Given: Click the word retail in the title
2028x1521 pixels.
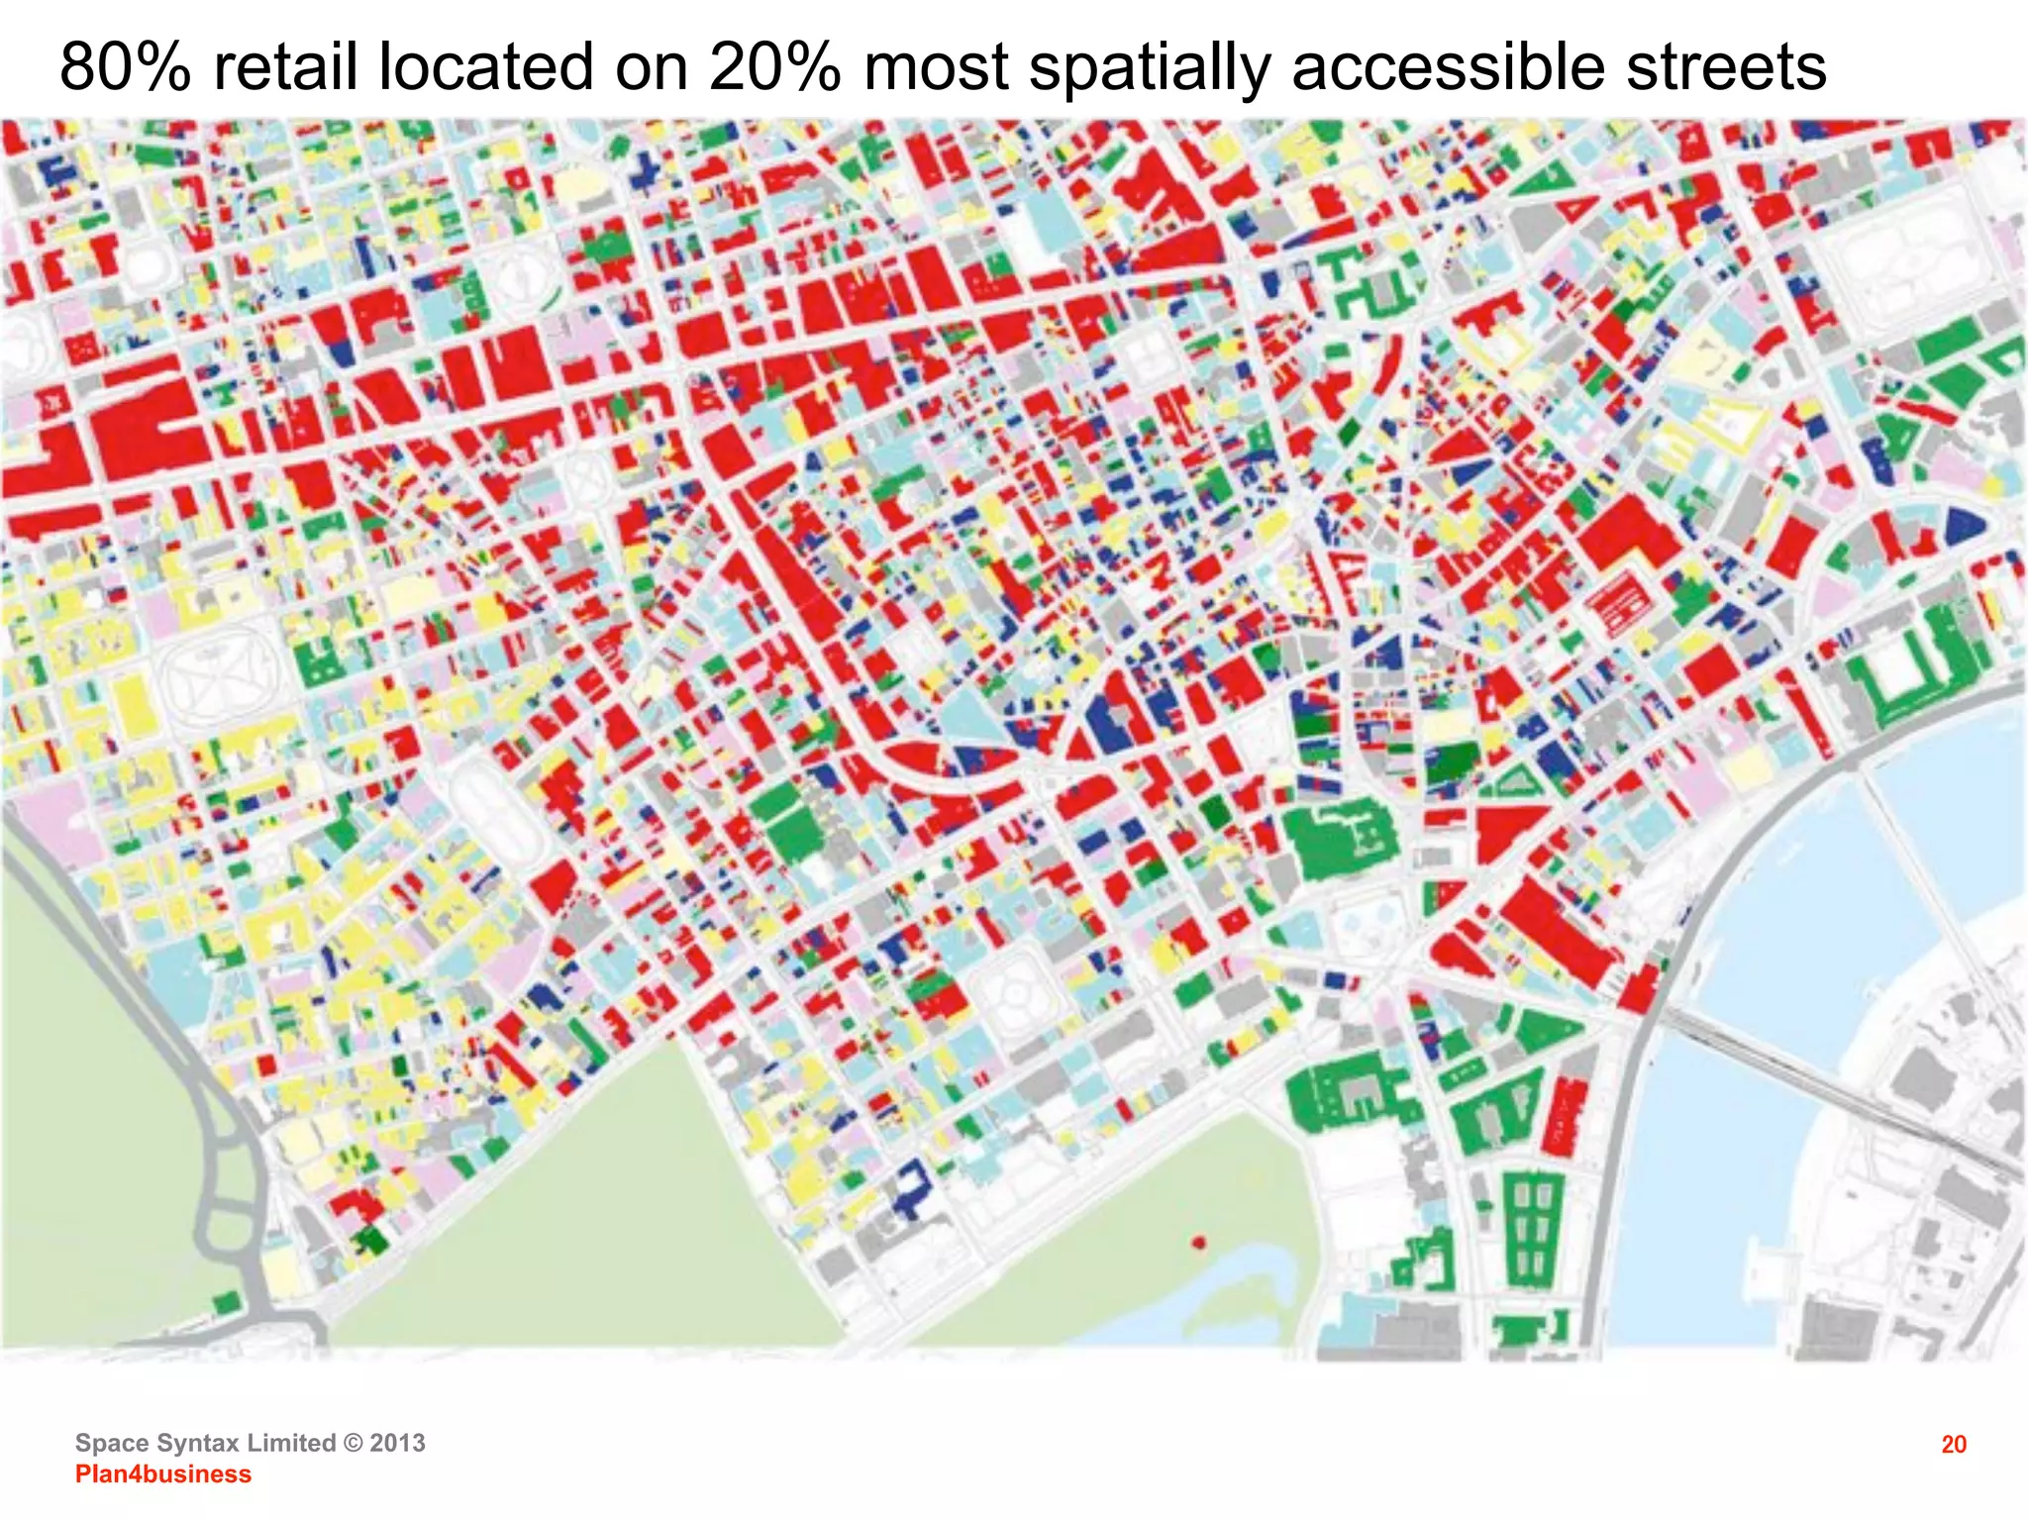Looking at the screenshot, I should coord(285,67).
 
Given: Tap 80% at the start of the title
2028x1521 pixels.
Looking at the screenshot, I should coord(125,67).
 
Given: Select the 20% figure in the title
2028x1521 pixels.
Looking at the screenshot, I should coord(774,67).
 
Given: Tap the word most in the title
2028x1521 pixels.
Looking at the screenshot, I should coord(936,67).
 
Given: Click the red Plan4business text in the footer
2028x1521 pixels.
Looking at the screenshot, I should coord(163,1473).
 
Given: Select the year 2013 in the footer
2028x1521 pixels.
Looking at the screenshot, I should coord(397,1443).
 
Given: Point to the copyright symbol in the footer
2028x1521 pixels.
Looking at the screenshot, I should coord(353,1443).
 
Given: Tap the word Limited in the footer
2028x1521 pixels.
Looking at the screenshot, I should coord(291,1443).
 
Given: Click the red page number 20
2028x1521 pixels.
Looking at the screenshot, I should coord(1954,1445).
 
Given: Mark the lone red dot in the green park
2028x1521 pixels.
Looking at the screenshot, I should coord(1199,1242).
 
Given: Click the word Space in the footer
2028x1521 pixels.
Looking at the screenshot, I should coord(108,1443).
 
